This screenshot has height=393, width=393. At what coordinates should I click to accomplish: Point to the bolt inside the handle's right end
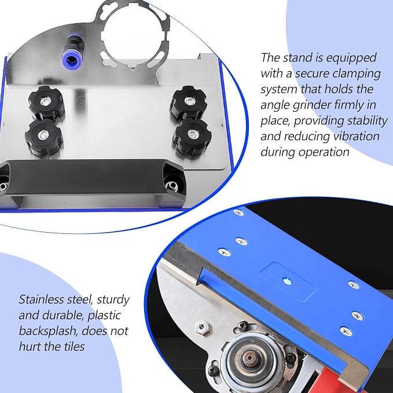[x=172, y=185]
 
